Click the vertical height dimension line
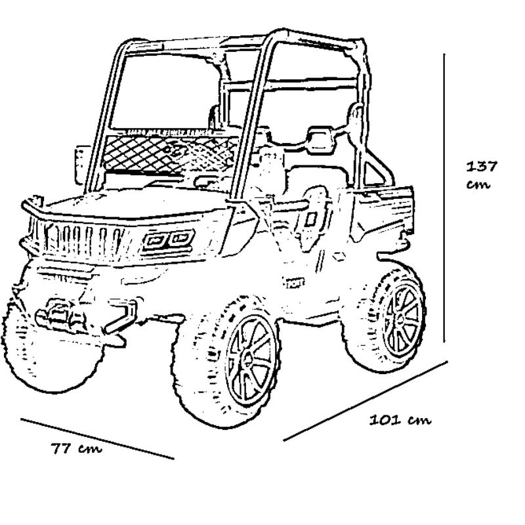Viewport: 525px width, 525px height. (444, 197)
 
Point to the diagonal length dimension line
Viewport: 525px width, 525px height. (365, 400)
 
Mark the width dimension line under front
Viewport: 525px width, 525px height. (97, 438)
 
